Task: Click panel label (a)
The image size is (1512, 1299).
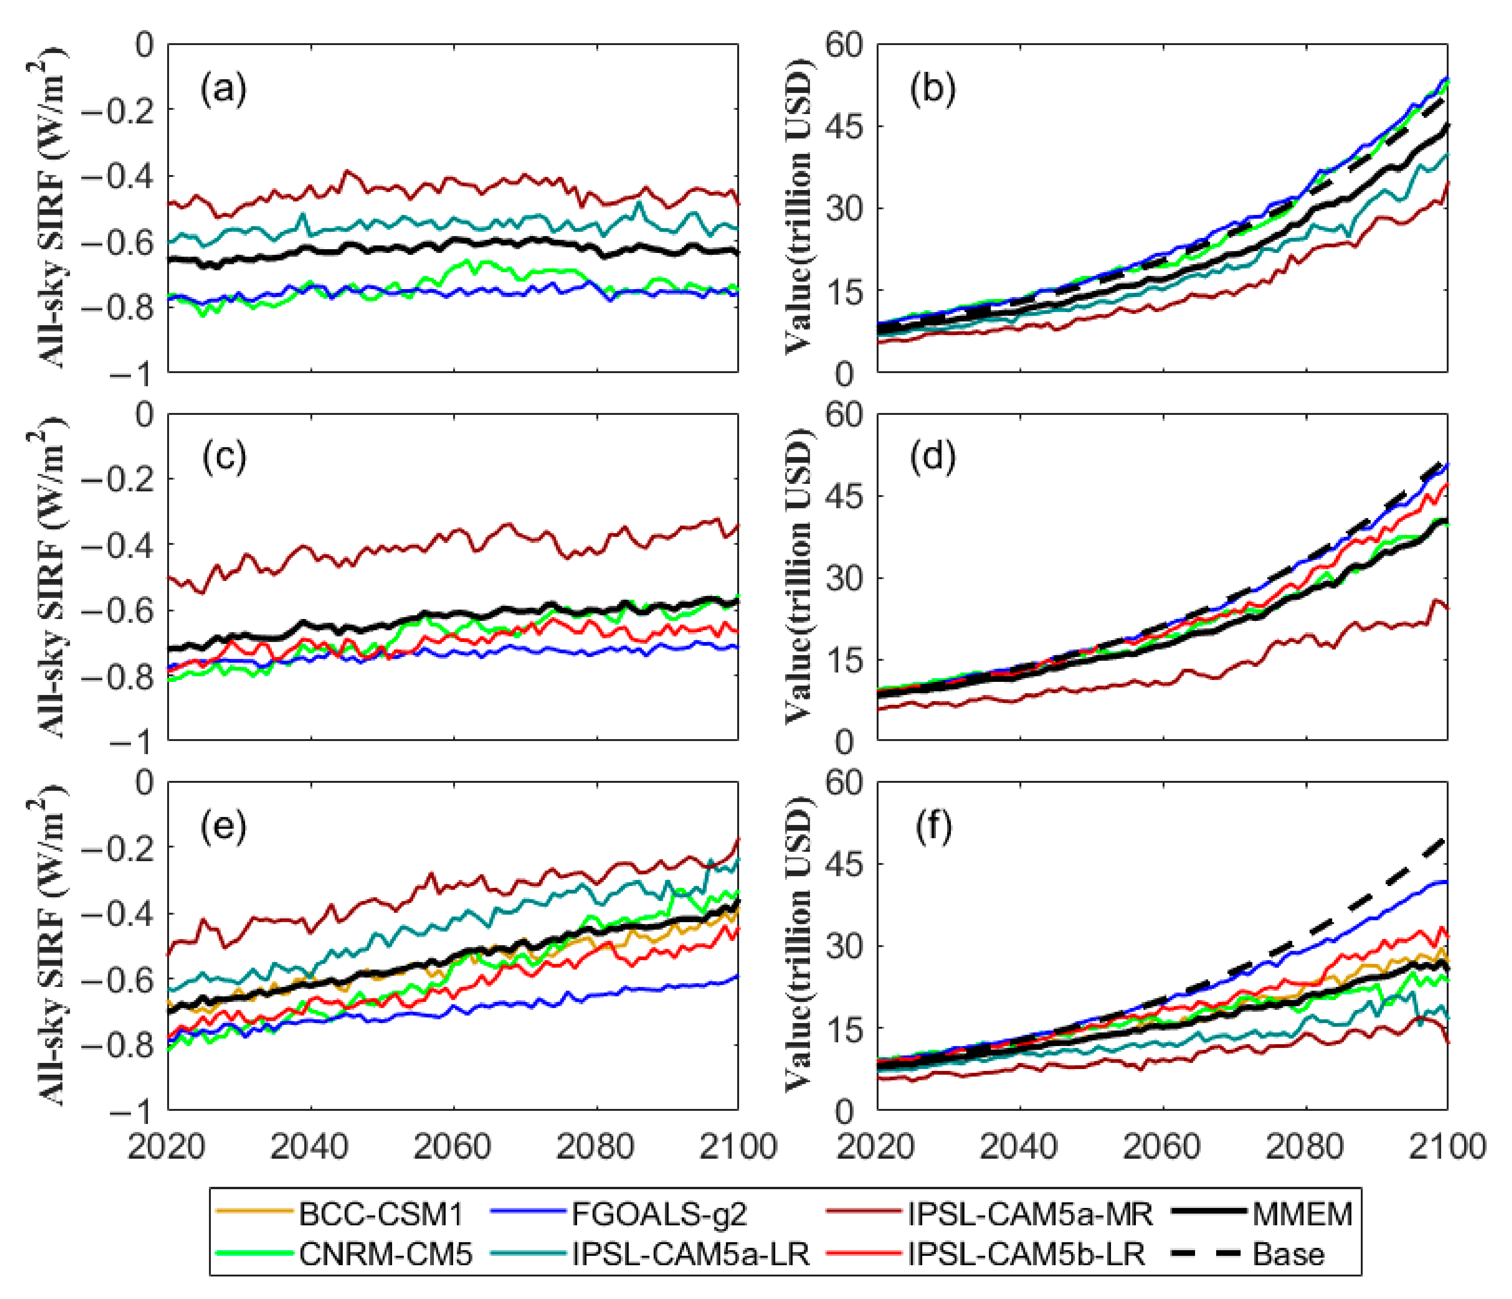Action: click(x=224, y=89)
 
